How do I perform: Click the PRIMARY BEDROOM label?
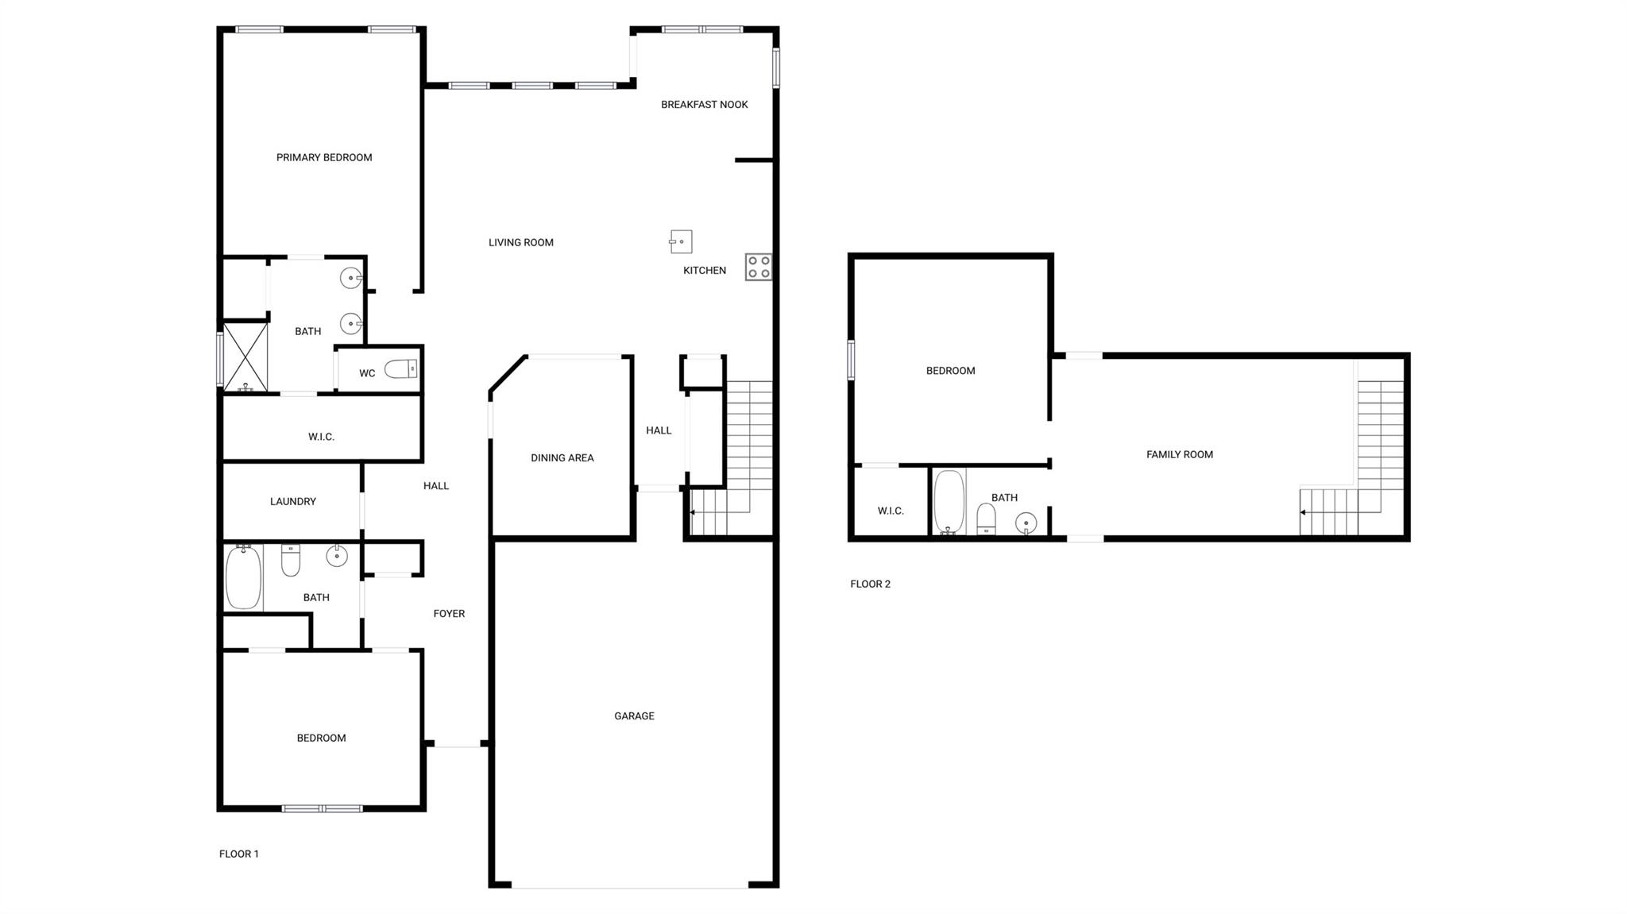[x=324, y=157]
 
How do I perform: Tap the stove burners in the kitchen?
[x=759, y=267]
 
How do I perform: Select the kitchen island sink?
[x=681, y=241]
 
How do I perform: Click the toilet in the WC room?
[x=401, y=368]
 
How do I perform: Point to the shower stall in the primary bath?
[x=245, y=357]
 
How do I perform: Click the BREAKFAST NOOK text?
[x=704, y=104]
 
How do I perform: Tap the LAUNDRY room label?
[x=292, y=501]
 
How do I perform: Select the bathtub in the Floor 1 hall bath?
[x=243, y=577]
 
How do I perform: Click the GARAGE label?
[x=634, y=715]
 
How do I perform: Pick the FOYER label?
[x=449, y=613]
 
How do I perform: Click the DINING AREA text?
[x=562, y=457]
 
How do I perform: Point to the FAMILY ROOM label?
[x=1179, y=454]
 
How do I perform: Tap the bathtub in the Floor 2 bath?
[x=949, y=501]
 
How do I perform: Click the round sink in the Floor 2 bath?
[x=1026, y=523]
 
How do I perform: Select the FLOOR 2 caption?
[x=870, y=584]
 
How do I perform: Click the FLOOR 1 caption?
[x=238, y=854]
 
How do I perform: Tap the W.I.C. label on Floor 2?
[x=891, y=511]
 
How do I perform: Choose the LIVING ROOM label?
[x=520, y=242]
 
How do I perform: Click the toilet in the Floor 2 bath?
[x=986, y=519]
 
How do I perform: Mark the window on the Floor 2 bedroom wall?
[x=851, y=360]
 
